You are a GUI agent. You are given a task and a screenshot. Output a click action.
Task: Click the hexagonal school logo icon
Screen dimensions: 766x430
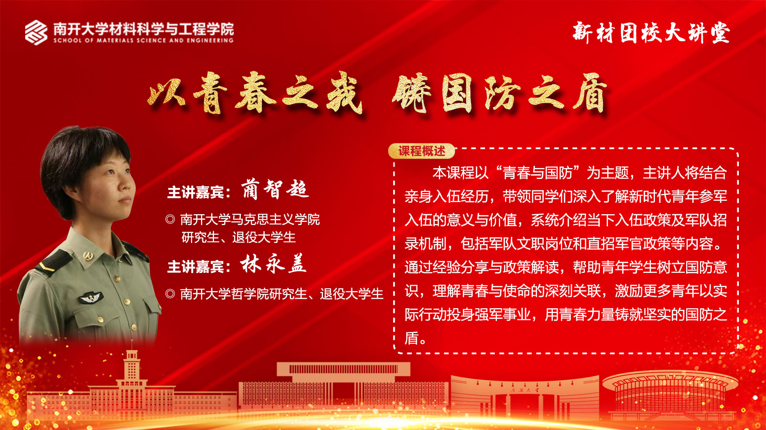tap(36, 32)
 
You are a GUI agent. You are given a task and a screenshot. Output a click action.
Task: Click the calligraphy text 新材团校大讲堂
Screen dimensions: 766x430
tap(651, 33)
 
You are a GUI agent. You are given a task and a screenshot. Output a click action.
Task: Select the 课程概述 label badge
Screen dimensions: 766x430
tap(422, 151)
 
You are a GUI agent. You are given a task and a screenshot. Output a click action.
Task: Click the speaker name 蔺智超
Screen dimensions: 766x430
tap(275, 189)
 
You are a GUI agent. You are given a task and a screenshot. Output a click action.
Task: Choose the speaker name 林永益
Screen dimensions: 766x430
tap(273, 264)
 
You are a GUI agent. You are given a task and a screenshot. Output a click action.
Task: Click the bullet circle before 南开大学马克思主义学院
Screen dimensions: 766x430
tap(170, 219)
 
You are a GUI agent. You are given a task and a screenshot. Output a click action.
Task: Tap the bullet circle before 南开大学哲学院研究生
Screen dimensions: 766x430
tap(170, 294)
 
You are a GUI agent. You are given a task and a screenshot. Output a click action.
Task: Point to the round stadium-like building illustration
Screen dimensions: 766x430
tap(670, 395)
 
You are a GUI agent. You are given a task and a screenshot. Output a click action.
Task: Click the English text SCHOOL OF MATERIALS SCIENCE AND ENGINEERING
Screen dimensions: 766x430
tap(143, 40)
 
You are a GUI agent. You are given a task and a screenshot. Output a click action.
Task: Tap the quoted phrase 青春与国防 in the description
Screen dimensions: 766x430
tap(537, 173)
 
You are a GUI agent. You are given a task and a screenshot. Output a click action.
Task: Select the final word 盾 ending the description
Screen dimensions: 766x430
tap(412, 338)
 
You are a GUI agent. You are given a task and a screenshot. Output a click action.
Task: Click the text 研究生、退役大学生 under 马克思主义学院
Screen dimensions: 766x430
tap(239, 237)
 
